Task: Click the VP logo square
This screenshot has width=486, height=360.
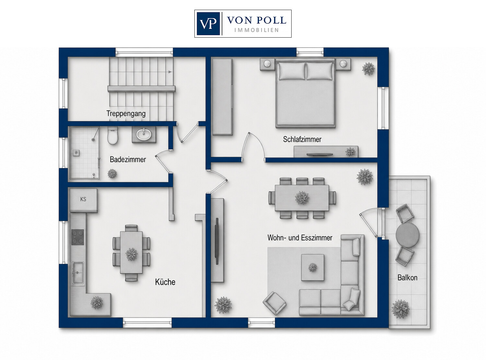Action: tap(208, 24)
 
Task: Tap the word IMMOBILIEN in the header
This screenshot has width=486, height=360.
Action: tap(257, 30)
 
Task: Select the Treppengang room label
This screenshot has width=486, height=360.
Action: tap(126, 114)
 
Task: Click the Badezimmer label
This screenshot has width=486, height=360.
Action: tap(128, 160)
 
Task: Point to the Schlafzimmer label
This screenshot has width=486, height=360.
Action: tap(302, 139)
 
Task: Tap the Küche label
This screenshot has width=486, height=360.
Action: tap(165, 282)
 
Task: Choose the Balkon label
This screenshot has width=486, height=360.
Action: tap(407, 278)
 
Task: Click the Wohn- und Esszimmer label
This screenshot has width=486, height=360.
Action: tap(300, 238)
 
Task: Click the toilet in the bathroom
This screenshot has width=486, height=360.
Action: tap(113, 136)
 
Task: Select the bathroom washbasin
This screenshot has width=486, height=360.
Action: tap(144, 134)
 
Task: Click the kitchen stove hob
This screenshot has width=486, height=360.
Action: tap(77, 237)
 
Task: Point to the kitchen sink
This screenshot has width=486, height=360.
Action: tap(78, 273)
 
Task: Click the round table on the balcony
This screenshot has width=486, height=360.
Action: tap(407, 235)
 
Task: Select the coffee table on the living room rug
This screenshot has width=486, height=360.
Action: tap(312, 268)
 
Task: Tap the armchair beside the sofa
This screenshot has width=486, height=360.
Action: tap(274, 303)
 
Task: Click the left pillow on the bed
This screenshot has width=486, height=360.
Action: tap(292, 71)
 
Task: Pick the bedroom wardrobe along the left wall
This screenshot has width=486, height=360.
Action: tap(222, 97)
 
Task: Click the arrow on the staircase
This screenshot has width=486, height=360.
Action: tap(170, 72)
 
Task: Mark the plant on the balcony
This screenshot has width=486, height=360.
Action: tap(400, 309)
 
